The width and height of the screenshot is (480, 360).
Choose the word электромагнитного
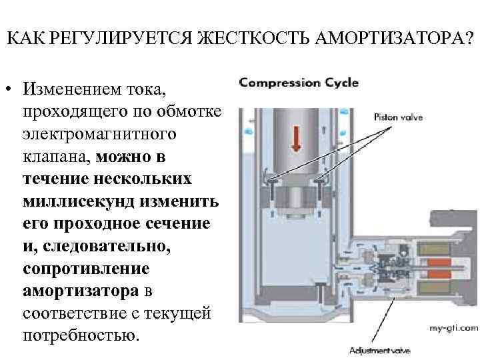click(99, 135)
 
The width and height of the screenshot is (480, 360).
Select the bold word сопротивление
click(86, 269)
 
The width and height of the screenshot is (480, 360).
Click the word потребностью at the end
click(82, 335)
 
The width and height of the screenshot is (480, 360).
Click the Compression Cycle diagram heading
click(299, 83)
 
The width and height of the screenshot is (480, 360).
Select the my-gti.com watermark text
click(454, 328)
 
